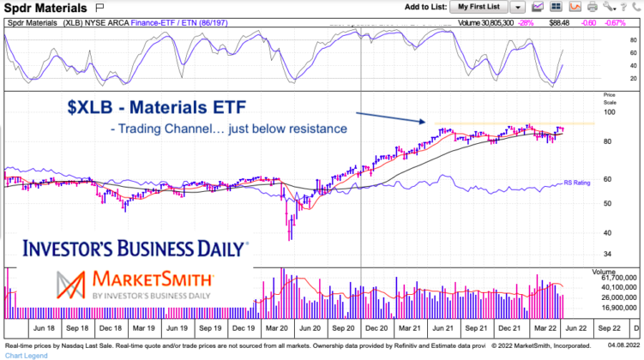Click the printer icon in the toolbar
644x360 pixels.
point(592,7)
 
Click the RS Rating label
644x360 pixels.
point(576,183)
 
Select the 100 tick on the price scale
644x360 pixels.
point(610,112)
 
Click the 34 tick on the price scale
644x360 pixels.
point(608,255)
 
